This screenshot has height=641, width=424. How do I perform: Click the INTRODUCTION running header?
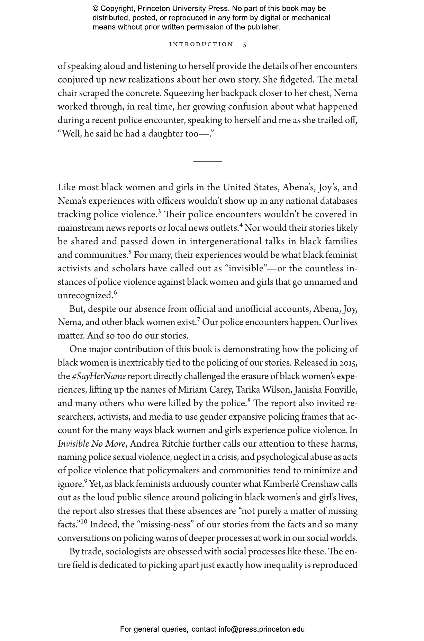(201, 44)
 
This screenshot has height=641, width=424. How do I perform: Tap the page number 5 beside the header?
(245, 45)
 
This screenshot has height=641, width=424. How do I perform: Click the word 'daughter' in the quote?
(166, 134)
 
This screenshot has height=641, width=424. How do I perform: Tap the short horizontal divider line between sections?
(207, 161)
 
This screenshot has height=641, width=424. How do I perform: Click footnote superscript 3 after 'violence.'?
(159, 211)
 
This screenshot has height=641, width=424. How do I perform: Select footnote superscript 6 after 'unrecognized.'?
(115, 292)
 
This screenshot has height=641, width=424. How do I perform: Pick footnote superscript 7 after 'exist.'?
(198, 319)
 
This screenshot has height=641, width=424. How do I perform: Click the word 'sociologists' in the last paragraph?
(128, 552)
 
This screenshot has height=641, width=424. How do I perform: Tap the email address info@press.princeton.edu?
(261, 629)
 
